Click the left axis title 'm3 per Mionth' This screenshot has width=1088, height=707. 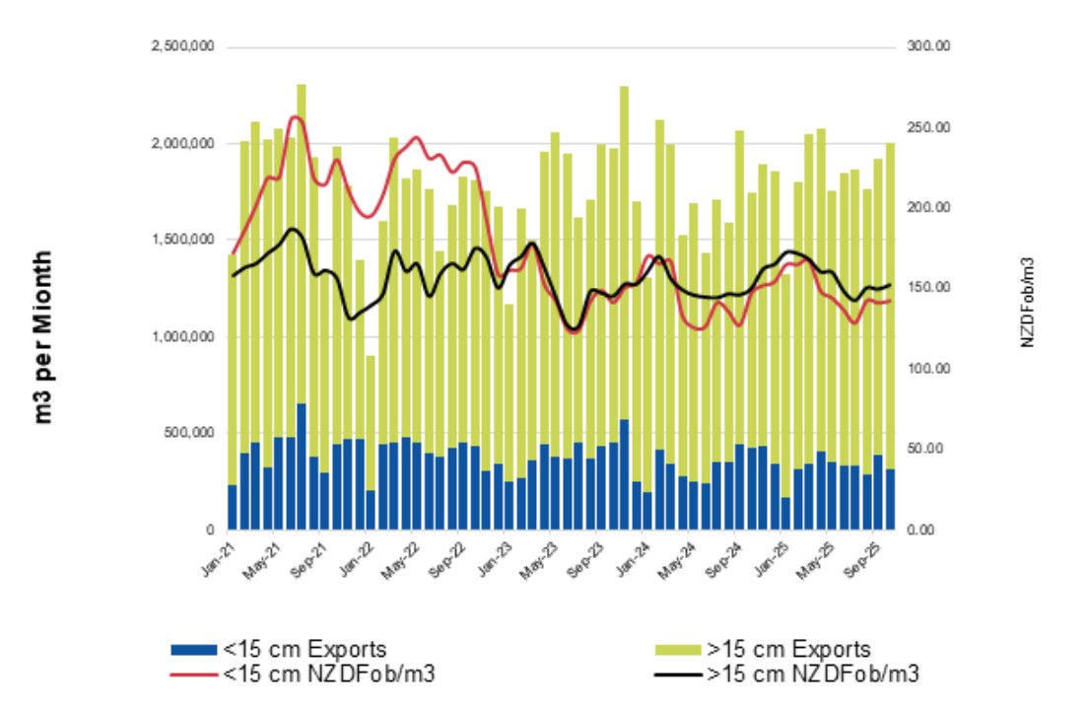tap(43, 336)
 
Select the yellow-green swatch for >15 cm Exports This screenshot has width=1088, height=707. tap(679, 650)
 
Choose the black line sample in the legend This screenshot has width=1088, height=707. tap(679, 674)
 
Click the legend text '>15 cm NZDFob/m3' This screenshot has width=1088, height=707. tap(812, 674)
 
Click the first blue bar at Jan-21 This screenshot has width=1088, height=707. tap(233, 507)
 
